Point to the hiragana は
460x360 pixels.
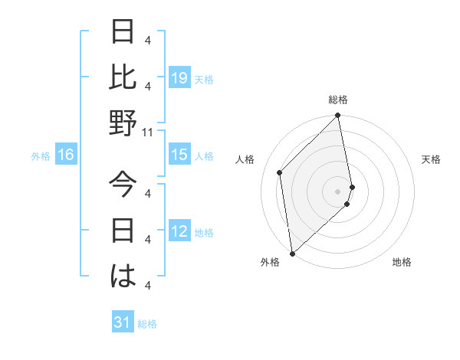tap(123, 276)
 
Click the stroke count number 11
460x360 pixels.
tap(149, 133)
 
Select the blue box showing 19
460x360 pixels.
tap(179, 77)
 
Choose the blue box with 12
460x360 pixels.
tap(179, 232)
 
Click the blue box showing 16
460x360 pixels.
tap(66, 155)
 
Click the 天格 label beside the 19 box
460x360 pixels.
tap(204, 79)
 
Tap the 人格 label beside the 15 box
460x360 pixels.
tap(204, 156)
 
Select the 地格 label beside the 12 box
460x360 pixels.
tap(204, 233)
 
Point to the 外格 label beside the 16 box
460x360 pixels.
tap(41, 156)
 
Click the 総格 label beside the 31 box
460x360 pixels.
tap(147, 324)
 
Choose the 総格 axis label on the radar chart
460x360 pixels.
tap(338, 100)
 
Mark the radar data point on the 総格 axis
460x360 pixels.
tap(338, 116)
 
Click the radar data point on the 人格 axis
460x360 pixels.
tap(280, 172)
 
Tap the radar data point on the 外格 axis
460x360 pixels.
tap(292, 253)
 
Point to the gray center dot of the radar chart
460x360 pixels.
tap(338, 191)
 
